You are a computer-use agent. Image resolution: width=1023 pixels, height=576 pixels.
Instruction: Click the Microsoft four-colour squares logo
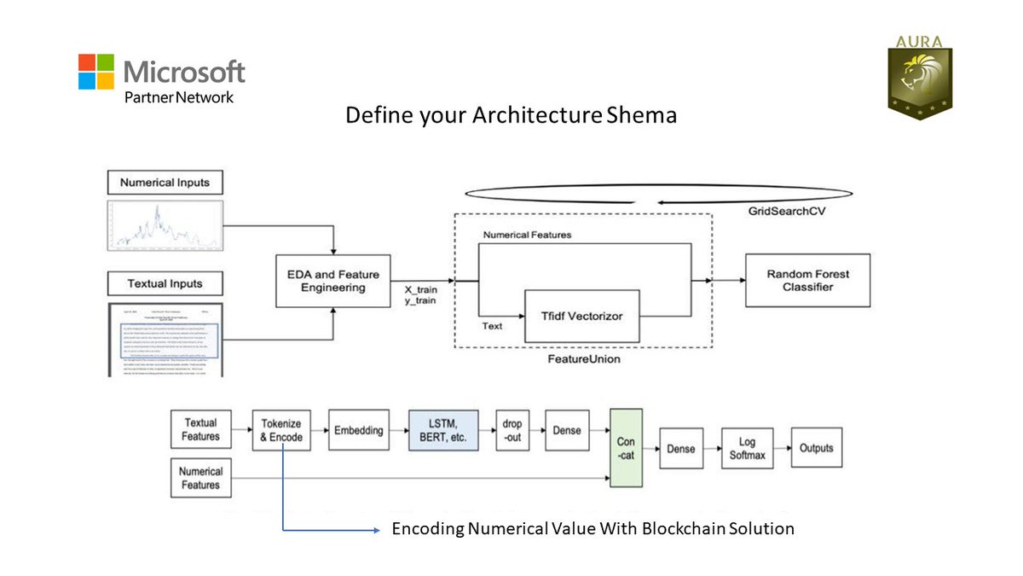96,72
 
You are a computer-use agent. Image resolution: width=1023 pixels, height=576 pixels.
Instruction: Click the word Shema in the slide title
642,115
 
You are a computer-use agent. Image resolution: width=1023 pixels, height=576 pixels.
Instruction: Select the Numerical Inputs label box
165,183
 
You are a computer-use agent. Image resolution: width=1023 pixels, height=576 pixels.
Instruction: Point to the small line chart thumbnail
165,226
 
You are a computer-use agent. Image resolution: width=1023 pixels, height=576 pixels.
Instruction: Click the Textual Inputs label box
165,283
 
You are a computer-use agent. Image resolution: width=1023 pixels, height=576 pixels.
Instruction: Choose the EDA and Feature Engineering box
332,281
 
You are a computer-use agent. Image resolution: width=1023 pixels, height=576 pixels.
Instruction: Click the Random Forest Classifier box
807,281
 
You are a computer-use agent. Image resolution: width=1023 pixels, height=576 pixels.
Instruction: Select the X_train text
421,290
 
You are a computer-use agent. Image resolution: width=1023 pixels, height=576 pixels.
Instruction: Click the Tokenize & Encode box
281,429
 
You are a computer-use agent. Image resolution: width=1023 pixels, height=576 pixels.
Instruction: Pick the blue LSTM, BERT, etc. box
443,429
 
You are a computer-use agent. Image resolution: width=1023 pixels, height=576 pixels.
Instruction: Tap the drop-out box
513,430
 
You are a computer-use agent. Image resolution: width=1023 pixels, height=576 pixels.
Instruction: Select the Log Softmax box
744,448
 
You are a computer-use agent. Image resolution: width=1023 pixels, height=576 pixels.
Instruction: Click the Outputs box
815,448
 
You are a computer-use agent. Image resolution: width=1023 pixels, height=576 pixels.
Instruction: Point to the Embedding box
358,430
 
